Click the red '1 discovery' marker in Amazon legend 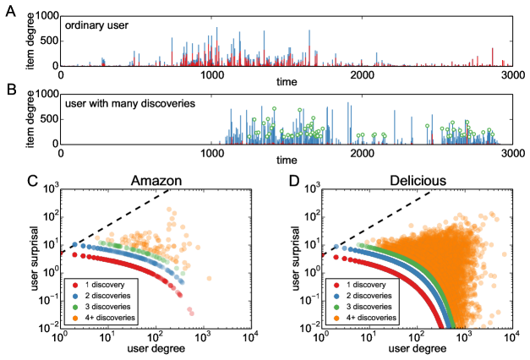point(74,286)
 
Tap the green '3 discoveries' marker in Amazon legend point(74,307)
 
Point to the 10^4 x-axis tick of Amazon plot point(249,339)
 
